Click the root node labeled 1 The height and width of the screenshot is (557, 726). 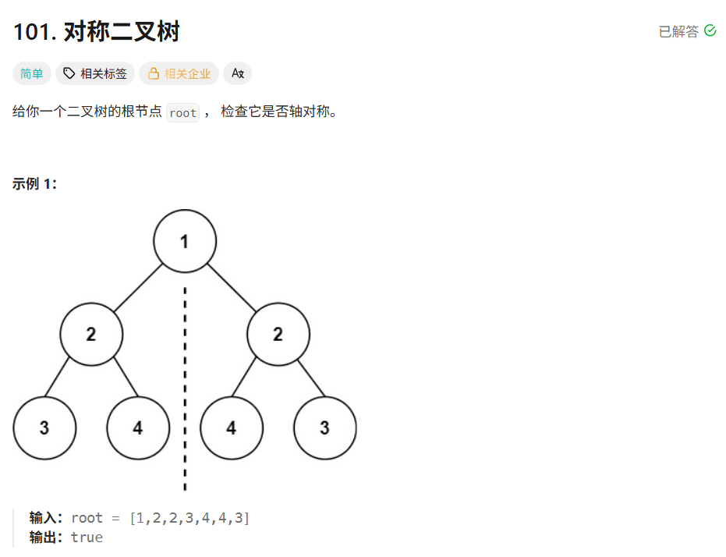tap(185, 241)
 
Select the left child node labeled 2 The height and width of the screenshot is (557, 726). tap(91, 335)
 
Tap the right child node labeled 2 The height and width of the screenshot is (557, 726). tap(278, 335)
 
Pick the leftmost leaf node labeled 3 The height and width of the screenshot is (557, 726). tap(44, 428)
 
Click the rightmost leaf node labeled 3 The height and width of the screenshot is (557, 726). tap(325, 428)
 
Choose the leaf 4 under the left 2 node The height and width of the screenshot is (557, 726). tap(138, 428)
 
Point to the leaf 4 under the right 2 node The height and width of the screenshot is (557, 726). tap(232, 428)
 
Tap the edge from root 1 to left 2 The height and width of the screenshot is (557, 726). tap(138, 288)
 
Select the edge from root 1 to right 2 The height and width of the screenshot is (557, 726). tap(232, 288)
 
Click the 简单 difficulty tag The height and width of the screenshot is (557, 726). tap(32, 74)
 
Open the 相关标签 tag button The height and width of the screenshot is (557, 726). tap(95, 74)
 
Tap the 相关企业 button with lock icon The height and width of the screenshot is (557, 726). tap(179, 74)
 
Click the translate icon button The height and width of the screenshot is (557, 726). tap(238, 74)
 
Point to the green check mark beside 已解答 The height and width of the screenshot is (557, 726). tap(710, 30)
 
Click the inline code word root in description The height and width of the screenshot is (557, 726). tap(182, 113)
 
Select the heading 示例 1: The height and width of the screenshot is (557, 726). tap(34, 184)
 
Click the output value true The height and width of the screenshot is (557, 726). tap(87, 537)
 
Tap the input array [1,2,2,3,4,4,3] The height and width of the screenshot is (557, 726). tap(189, 518)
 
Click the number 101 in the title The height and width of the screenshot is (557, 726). tap(30, 32)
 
